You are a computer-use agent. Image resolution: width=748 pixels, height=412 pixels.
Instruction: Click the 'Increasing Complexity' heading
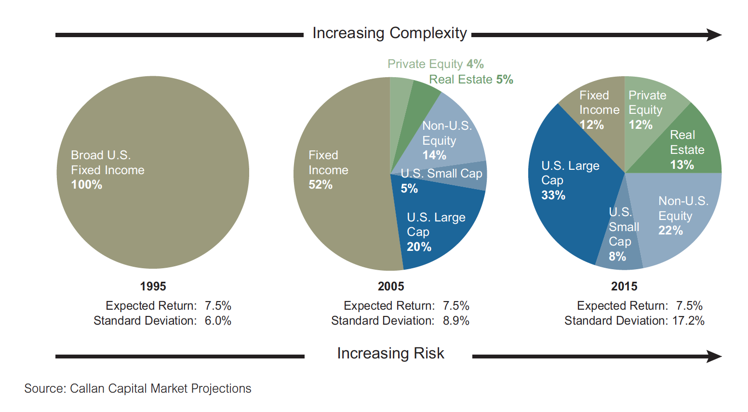389,33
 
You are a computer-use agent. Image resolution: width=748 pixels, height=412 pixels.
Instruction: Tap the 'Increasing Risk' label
390,353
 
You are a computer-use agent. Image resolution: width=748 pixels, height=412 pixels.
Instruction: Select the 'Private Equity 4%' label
435,64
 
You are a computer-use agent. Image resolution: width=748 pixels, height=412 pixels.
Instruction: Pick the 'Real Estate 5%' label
471,80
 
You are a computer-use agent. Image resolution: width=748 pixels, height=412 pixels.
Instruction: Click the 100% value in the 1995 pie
87,185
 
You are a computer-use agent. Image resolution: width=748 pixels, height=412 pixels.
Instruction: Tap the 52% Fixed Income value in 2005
321,185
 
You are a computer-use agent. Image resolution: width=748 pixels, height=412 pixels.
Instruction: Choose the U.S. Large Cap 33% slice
569,193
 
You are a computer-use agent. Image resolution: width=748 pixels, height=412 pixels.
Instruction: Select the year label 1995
153,287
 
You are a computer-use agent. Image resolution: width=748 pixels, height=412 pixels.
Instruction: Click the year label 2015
624,287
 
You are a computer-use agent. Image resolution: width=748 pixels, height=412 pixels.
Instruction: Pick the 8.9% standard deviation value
456,321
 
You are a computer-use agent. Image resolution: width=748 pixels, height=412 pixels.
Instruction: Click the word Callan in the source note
87,389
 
